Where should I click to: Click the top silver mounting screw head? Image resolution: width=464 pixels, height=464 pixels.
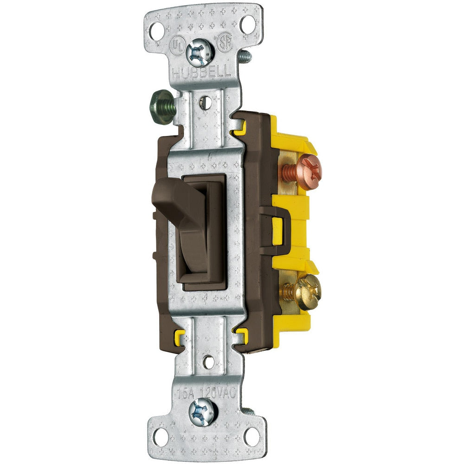[x=200, y=52]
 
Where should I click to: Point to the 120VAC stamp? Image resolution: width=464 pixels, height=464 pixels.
[x=218, y=392]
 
